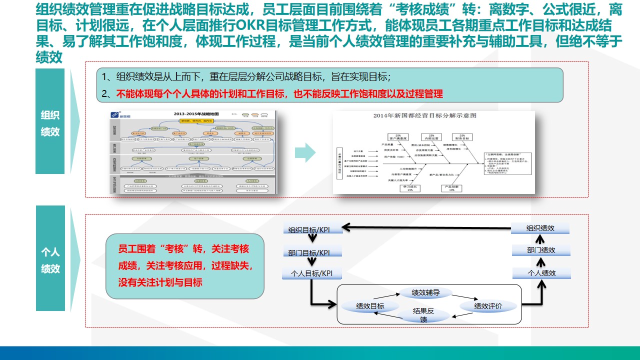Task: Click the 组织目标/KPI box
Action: [312, 229]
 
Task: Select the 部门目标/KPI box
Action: [312, 252]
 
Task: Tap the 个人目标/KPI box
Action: [312, 273]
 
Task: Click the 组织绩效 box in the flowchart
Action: [540, 228]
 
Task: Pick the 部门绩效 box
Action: [540, 250]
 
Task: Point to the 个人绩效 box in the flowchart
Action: [541, 273]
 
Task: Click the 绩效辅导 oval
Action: [425, 293]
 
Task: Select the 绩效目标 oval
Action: [370, 306]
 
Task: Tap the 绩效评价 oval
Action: [488, 306]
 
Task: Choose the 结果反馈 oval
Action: [423, 315]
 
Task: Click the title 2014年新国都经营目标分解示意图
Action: [424, 115]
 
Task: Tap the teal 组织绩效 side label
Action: [50, 123]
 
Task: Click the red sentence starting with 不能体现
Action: [279, 93]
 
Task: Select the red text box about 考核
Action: [185, 265]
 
